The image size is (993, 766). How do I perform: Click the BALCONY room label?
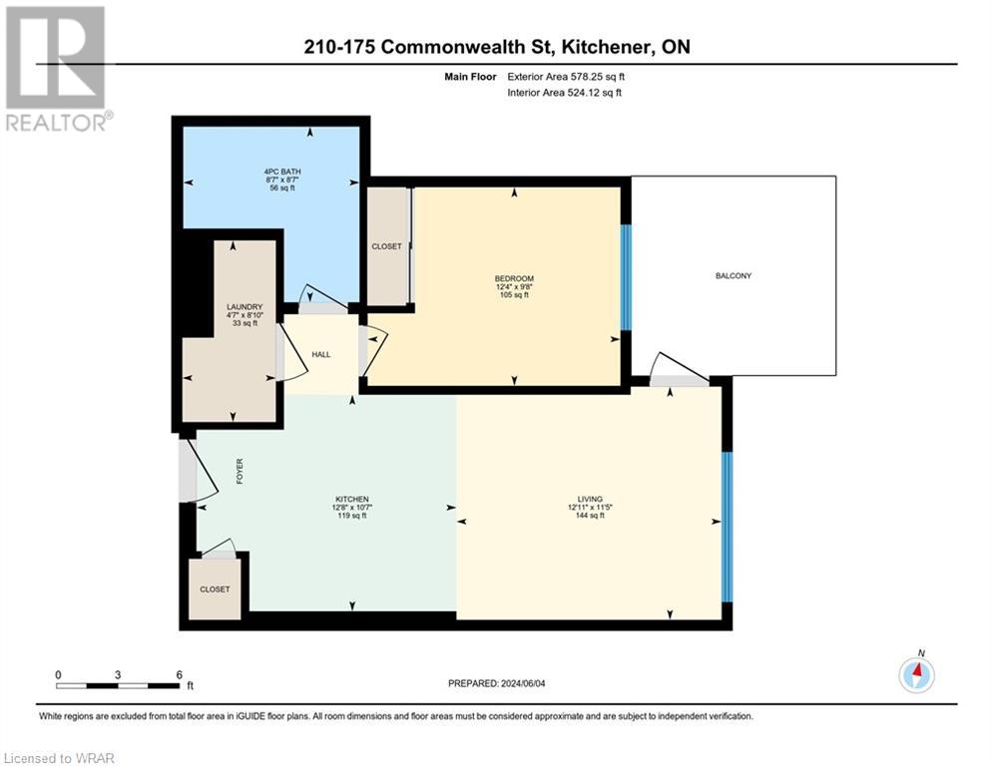point(733,276)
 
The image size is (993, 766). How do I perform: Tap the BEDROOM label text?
point(514,278)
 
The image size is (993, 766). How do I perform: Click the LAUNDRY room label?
point(244,306)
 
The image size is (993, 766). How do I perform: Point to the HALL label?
point(320,354)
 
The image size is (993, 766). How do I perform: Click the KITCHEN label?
point(351,499)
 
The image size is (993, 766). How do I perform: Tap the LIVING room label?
point(590,499)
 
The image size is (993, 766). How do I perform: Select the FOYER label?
point(240,472)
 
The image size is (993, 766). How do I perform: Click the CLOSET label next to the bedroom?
point(386,245)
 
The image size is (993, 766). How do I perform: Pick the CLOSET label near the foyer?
point(214,589)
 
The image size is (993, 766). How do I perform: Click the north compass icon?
point(915,674)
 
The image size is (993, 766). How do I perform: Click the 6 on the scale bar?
point(178,675)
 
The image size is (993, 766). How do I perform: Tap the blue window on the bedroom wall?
point(626,276)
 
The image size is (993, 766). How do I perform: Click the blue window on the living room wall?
point(727,526)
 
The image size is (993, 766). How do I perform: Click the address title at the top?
point(496,47)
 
